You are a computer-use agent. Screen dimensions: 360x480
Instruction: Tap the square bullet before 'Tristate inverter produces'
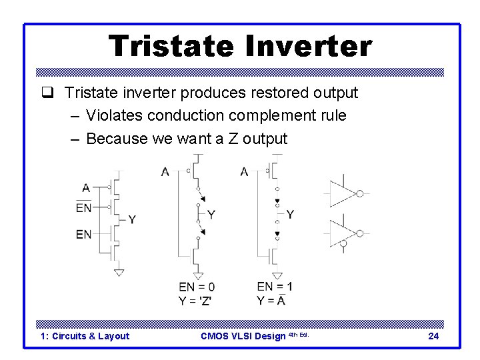[x=55, y=93]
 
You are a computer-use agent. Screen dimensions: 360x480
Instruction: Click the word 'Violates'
[x=114, y=115]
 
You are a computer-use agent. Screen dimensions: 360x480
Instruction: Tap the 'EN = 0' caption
[x=197, y=287]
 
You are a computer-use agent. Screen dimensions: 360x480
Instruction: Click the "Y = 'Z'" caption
[x=195, y=300]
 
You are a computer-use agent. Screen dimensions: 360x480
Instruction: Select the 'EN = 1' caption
[x=275, y=287]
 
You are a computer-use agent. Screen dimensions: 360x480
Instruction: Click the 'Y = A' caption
[x=271, y=300]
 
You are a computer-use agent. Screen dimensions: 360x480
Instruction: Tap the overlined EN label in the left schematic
[x=84, y=208]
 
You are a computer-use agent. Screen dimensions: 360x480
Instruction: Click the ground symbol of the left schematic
[x=119, y=272]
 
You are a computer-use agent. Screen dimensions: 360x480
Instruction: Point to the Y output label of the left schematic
[x=132, y=219]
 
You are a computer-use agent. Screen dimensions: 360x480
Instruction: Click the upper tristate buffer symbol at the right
[x=343, y=193]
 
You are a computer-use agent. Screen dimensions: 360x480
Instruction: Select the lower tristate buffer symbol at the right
[x=343, y=233]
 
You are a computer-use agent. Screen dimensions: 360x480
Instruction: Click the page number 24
[x=433, y=336]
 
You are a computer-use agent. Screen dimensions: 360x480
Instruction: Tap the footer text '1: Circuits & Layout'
[x=85, y=336]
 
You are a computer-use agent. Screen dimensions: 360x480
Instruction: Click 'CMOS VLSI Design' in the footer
[x=243, y=336]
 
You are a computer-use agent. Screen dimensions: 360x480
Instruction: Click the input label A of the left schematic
[x=85, y=188]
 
